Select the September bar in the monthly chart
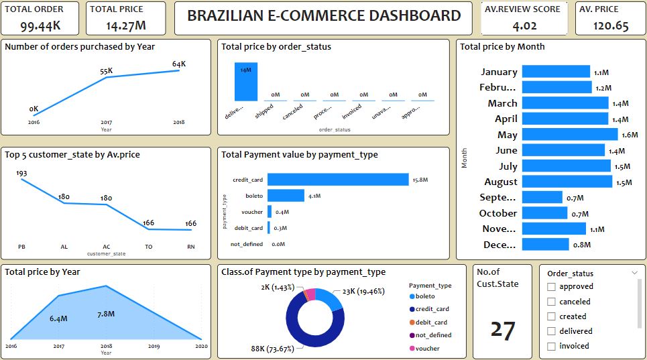[542, 197]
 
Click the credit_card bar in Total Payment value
[337, 180]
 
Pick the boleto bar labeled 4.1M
[285, 195]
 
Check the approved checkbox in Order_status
[552, 287]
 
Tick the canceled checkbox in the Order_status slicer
[552, 302]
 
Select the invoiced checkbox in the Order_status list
[552, 346]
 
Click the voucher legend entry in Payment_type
[428, 349]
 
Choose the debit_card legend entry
[430, 322]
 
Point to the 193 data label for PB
[21, 174]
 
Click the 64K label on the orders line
[178, 64]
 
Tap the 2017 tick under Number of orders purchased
[107, 123]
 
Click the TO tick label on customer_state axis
[149, 247]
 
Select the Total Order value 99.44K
[40, 26]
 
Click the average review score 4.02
[524, 26]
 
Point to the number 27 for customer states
[502, 330]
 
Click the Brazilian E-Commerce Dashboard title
[324, 16]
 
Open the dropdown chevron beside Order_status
[634, 273]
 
